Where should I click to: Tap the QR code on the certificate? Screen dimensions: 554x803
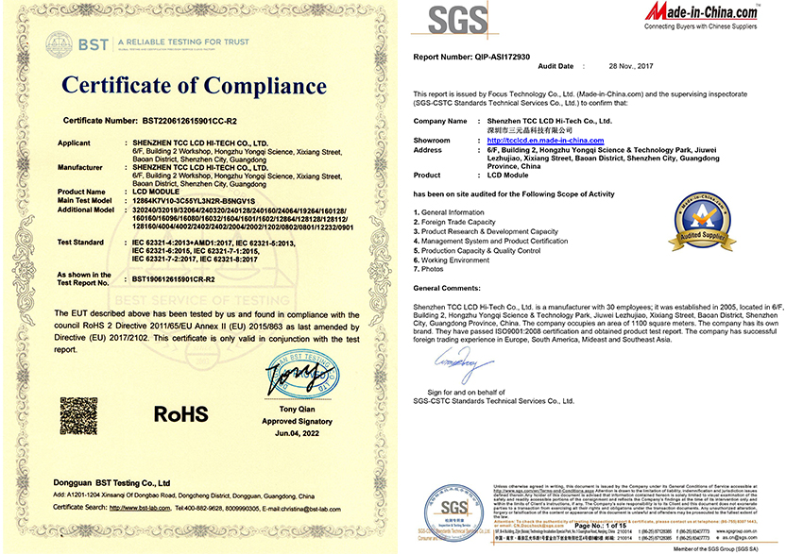coord(78,415)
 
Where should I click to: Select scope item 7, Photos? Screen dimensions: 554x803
coord(432,269)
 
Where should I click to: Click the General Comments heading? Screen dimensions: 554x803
coord(453,287)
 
